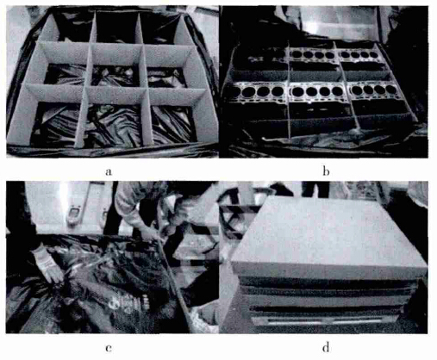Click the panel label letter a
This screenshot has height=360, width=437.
point(109,172)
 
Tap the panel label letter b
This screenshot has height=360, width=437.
point(326,171)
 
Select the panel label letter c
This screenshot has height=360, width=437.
point(109,348)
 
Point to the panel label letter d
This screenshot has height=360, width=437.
point(326,347)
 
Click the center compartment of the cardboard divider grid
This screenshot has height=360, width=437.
point(115,76)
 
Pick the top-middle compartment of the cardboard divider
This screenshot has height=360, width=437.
point(115,28)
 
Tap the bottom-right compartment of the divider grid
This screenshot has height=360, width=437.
point(173,124)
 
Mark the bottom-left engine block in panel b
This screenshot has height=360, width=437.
point(256,92)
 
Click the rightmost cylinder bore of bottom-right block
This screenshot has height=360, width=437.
point(390,90)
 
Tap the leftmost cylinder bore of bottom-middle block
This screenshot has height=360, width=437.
point(298,92)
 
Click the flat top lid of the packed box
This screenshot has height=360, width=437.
point(328,233)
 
